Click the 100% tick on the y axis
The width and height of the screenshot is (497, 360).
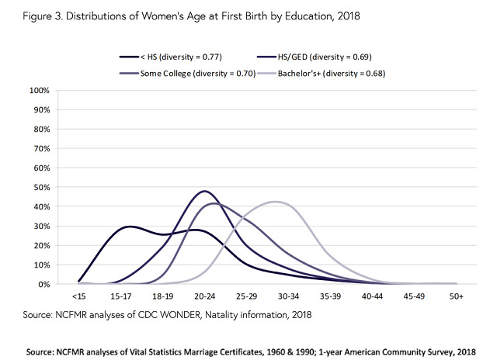[x=39, y=91]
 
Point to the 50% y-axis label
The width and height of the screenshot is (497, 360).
[x=41, y=188]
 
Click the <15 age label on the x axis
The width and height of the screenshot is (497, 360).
[x=78, y=297]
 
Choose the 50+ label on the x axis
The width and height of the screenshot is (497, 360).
[x=456, y=297]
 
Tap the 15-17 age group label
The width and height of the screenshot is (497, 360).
[x=120, y=297]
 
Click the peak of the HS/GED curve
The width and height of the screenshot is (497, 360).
[x=204, y=191]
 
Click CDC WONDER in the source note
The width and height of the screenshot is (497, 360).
[x=175, y=316]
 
